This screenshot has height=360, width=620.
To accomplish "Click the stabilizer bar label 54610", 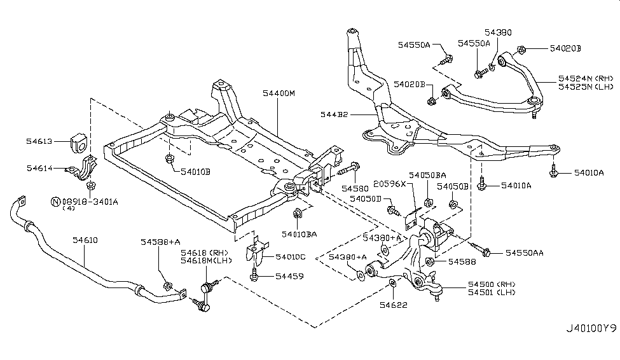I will tap(85, 240).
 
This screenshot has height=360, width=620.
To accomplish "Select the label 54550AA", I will tap(525, 253).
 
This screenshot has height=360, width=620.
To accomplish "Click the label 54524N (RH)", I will tap(585, 78).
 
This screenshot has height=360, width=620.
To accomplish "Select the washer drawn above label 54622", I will tap(393, 283).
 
